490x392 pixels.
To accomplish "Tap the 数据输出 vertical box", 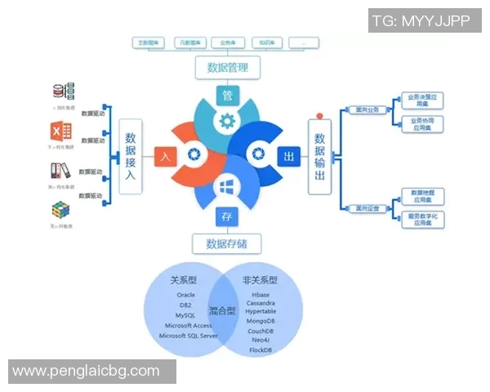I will pos(319,156).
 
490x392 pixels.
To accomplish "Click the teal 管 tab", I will pos(228,95).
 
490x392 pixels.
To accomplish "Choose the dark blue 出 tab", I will pos(287,155).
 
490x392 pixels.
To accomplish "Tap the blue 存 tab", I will pos(227,216).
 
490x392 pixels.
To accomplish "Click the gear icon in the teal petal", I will pos(228,120).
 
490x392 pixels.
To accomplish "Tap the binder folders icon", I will pos(61,171).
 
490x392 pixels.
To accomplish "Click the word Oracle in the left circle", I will pos(185,295).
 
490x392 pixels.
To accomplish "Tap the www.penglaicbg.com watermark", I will pos(87,371).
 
